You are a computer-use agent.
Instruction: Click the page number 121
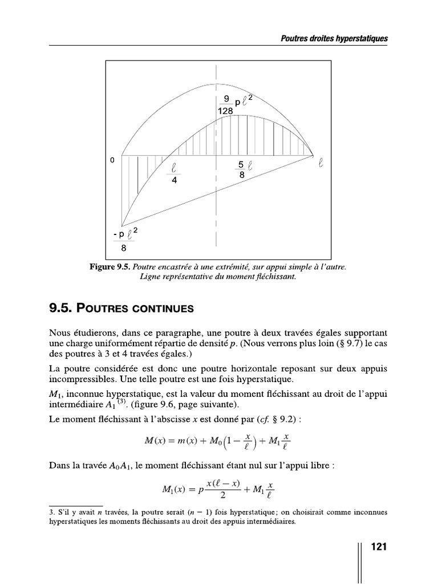coord(379,547)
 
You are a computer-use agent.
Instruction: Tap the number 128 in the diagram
coord(225,112)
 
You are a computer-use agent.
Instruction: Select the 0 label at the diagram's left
coord(112,160)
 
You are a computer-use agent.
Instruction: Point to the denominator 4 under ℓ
coord(174,180)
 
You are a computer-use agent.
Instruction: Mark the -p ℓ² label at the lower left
coord(125,234)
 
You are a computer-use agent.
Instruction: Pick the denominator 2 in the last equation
coord(222,494)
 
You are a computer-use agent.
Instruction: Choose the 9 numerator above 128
coord(226,99)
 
